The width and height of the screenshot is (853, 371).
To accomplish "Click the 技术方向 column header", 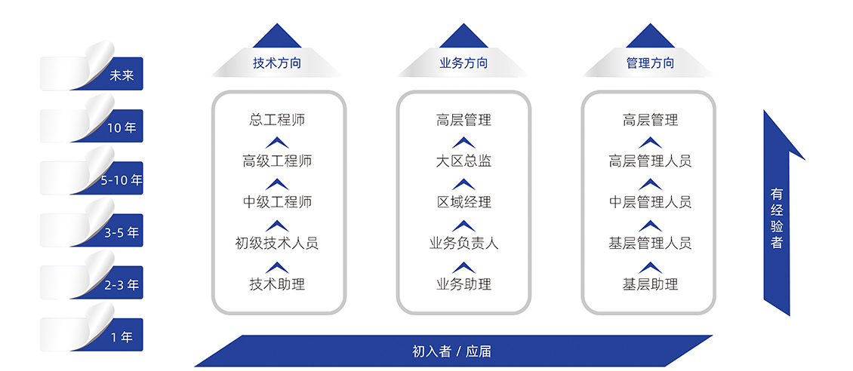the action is (x=277, y=63).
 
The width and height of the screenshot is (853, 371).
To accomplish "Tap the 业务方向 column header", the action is (x=463, y=63).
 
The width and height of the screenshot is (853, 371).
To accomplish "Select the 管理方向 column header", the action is (x=650, y=63).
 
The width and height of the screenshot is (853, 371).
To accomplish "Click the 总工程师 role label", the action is (x=278, y=119).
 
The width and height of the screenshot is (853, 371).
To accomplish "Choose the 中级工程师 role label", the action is (x=278, y=202).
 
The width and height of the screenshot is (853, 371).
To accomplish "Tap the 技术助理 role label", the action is (x=278, y=284).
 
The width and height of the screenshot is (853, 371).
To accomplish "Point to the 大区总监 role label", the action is (x=463, y=161).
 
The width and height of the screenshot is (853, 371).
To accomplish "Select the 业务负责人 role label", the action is (x=463, y=244).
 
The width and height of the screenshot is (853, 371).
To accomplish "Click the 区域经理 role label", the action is (x=463, y=202).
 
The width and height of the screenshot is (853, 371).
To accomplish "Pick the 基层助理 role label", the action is (x=650, y=284).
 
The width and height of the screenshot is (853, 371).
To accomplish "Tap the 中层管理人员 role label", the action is (x=650, y=202).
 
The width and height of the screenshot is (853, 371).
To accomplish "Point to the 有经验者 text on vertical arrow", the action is (x=776, y=218).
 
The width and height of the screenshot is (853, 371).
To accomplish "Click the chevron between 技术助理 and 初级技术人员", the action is (x=278, y=267).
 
